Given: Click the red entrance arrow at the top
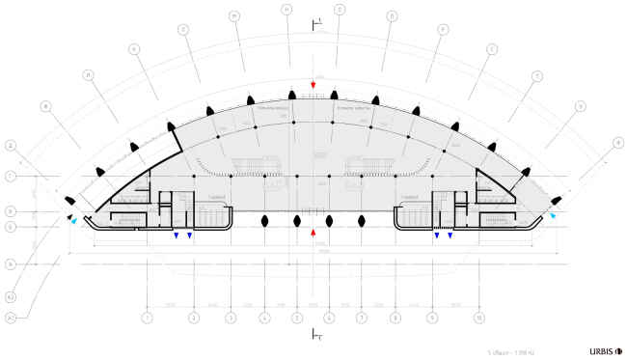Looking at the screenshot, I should click(x=313, y=86).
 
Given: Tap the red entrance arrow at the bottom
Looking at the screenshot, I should click(x=313, y=232).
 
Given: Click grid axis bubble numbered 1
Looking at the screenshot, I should click(x=147, y=317).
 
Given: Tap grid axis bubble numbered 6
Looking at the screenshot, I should click(x=329, y=317).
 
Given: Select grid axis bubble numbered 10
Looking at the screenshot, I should click(x=479, y=317).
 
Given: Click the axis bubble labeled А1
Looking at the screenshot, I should click(x=10, y=317).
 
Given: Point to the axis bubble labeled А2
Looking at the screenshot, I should click(x=10, y=291).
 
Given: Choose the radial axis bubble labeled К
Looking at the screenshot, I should click(x=134, y=48).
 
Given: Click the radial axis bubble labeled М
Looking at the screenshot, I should click(x=234, y=16).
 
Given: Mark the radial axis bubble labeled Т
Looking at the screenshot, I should click(x=536, y=74).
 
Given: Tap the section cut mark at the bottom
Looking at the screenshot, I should click(x=313, y=334).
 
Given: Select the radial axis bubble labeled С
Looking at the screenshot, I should click(x=491, y=48).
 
